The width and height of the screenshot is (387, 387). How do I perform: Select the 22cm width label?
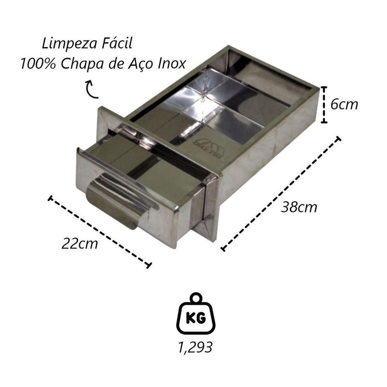(80, 243)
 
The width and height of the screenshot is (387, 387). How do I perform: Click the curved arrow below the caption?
(89, 89)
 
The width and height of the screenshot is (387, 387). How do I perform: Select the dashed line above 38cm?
(281, 193)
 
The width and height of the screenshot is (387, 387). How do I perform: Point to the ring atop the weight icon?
(196, 298)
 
